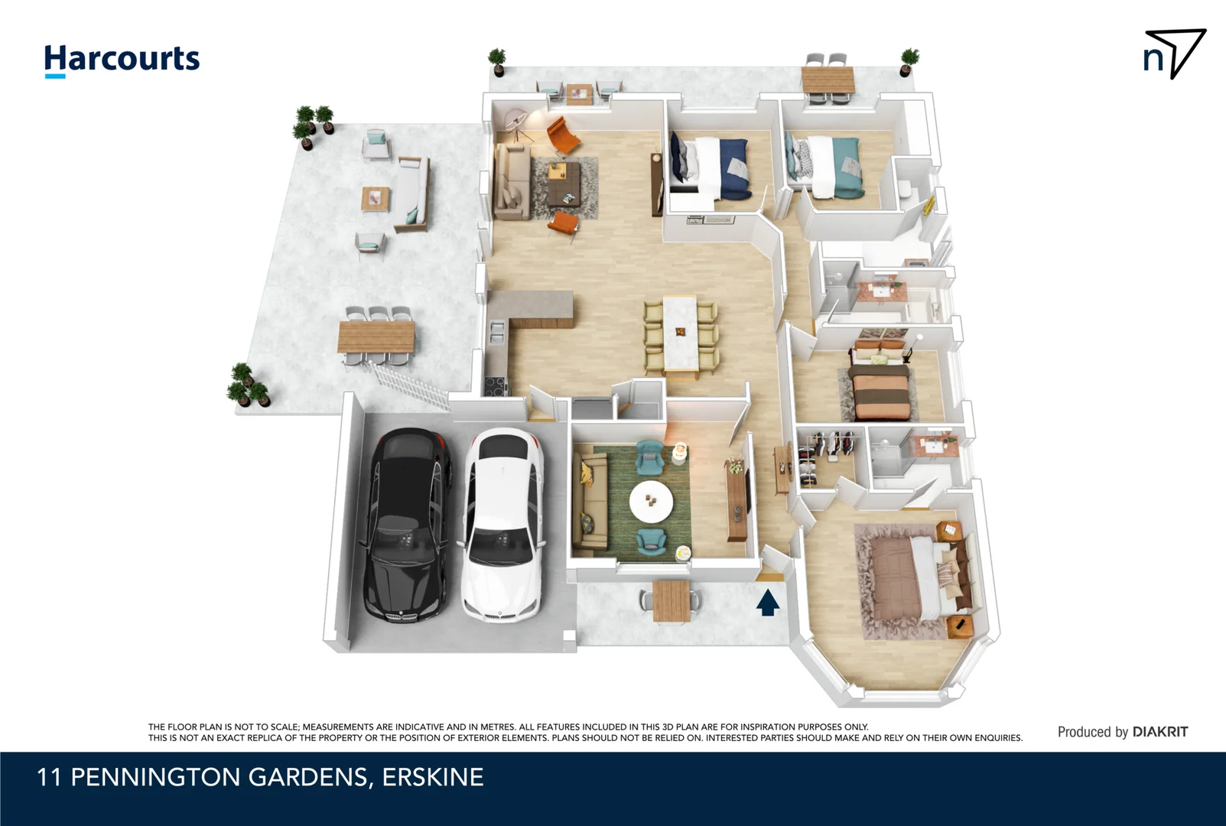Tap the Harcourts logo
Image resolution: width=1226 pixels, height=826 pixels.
tap(122, 60)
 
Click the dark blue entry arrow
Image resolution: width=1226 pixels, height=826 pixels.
tap(768, 602)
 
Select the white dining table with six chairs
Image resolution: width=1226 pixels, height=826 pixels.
tap(681, 333)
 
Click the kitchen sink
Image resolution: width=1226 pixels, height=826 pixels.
tap(497, 331)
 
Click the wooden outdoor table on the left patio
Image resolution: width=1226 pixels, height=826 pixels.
tap(376, 337)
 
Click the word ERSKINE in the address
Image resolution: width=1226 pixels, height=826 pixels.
tap(433, 778)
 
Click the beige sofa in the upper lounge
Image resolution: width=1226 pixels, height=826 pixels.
tap(512, 182)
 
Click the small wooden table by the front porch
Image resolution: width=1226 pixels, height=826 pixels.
tap(671, 600)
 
